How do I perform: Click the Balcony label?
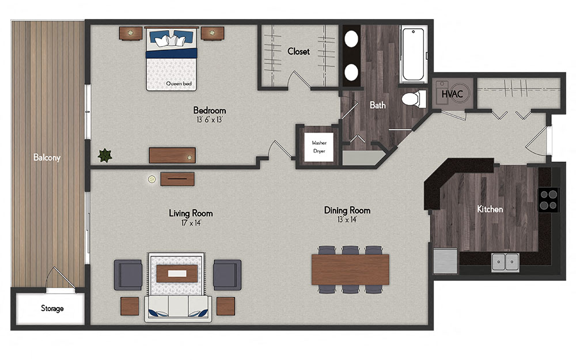pos(47,157)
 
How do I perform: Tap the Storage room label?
pos(52,308)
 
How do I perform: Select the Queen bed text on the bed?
pos(179,84)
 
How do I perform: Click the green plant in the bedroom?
pos(105,154)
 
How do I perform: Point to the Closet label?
pos(298,51)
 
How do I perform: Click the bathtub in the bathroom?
pos(414,55)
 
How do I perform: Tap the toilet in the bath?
pos(411,98)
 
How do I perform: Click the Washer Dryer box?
pos(319,146)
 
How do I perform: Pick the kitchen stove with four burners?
pos(548,199)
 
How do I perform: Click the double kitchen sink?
pos(506,262)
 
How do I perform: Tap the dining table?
pos(350,269)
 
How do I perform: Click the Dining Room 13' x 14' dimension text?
pos(347,219)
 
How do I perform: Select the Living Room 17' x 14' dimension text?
pos(190,222)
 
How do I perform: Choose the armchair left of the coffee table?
pos(128,274)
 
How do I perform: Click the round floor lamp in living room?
pos(151,179)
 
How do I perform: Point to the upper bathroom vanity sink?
pos(351,39)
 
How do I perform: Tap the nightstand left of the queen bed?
pos(131,33)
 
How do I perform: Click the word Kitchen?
pos(490,209)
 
